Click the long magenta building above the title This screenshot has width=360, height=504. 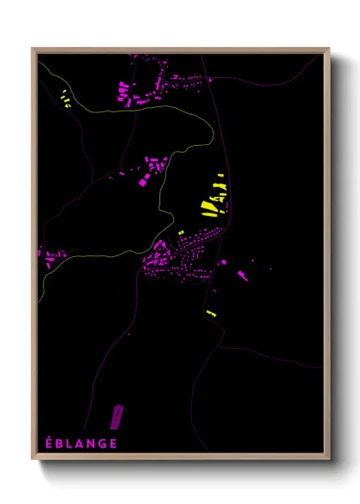116,417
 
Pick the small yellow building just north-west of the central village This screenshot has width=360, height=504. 181,233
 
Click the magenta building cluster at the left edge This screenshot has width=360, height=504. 51,255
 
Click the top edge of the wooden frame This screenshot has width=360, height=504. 180,51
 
